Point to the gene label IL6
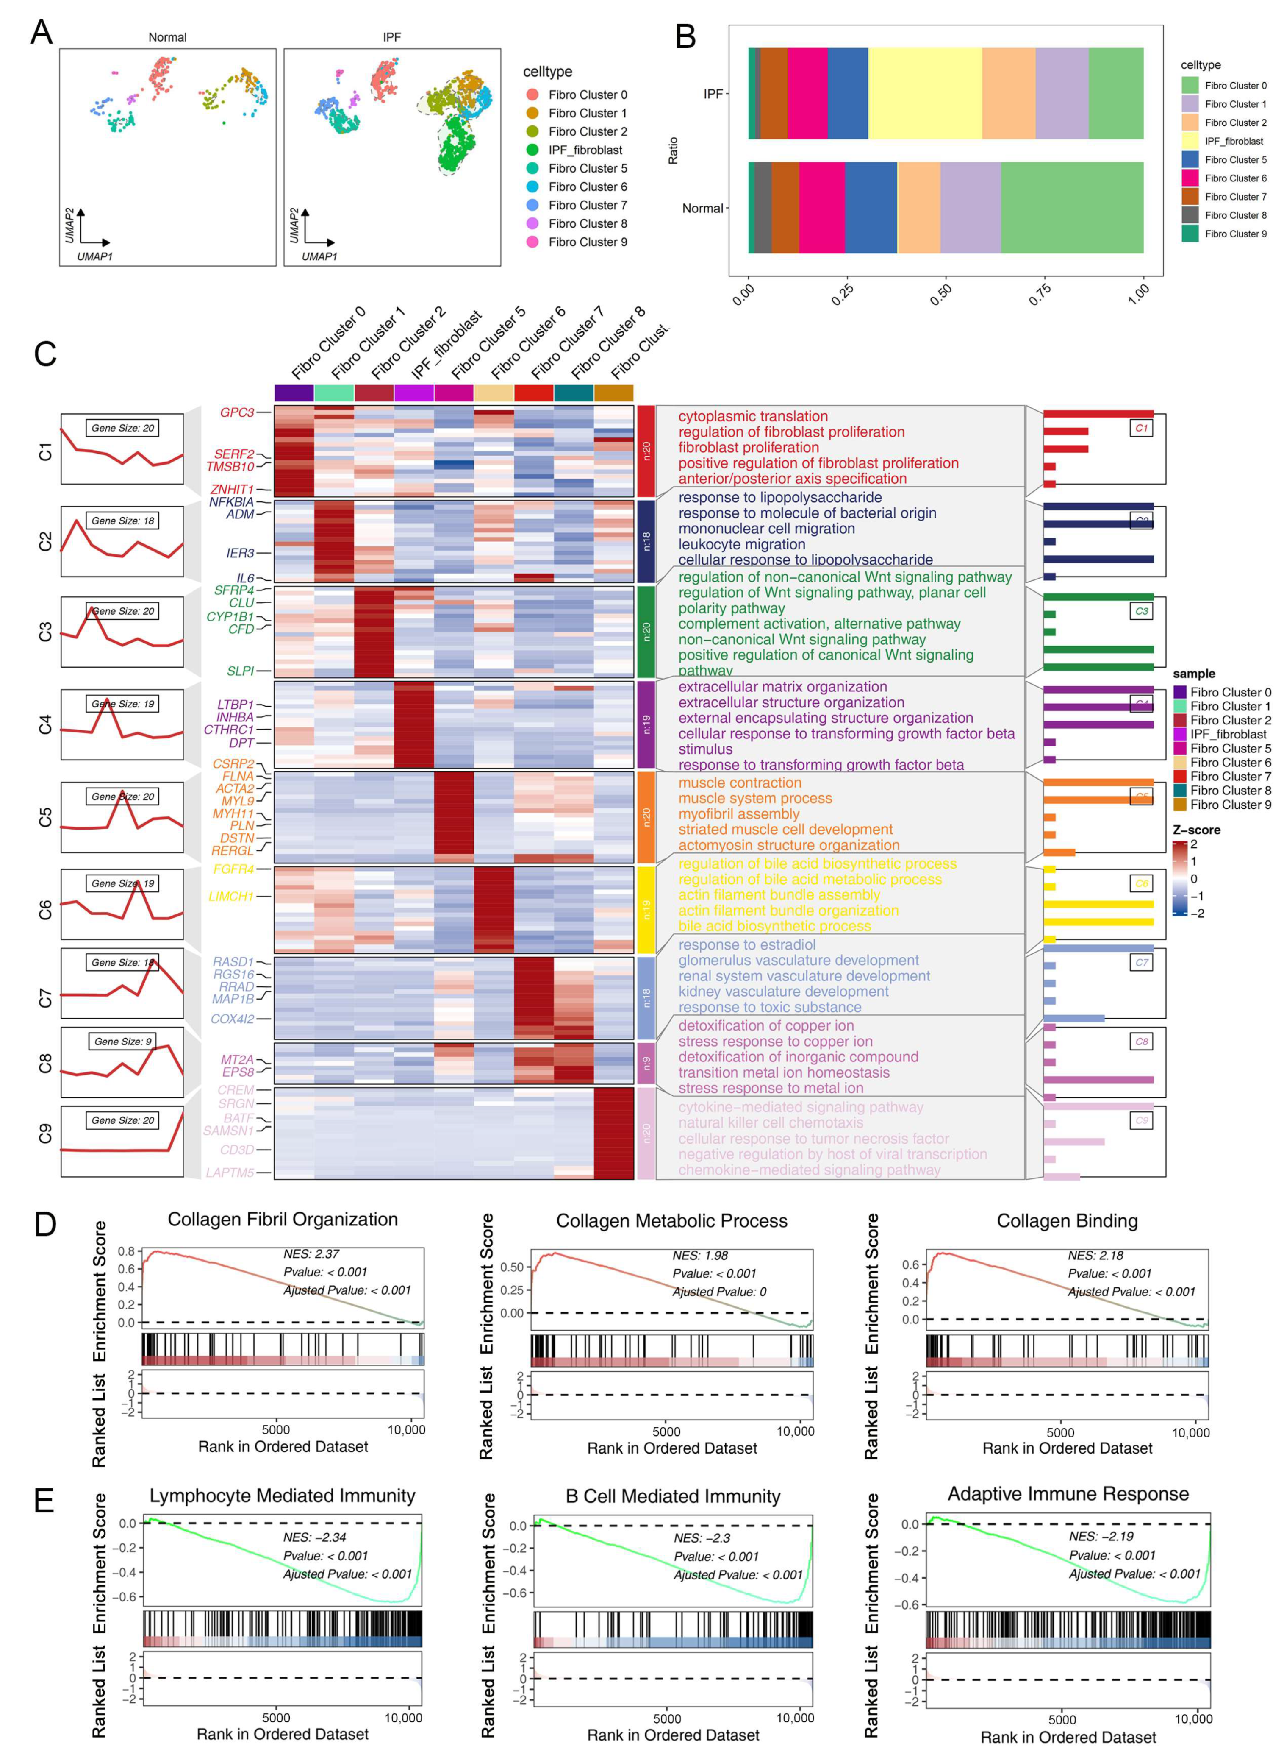[x=245, y=578]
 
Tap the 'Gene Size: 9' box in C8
[x=122, y=1042]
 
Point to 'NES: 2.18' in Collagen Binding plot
[x=1094, y=1255]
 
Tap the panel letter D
[x=45, y=1224]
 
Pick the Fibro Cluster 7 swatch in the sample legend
[x=1180, y=776]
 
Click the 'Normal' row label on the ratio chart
[x=702, y=209]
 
